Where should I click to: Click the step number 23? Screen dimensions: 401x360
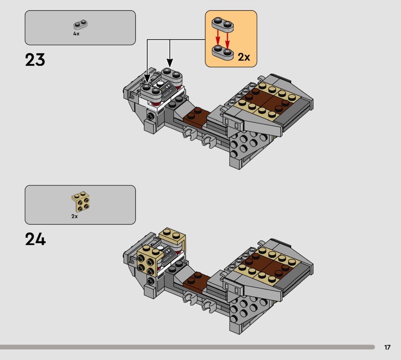click(35, 60)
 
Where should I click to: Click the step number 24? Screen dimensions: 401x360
click(35, 239)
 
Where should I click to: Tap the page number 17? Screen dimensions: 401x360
click(387, 347)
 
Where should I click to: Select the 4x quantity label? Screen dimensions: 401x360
click(76, 34)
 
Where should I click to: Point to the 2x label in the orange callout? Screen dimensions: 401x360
click(244, 57)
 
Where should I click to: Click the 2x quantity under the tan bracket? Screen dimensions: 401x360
click(74, 217)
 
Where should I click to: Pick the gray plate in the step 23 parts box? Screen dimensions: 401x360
click(80, 24)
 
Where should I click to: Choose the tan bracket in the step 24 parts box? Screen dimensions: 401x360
click(81, 202)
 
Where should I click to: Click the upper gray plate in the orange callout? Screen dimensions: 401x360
click(223, 25)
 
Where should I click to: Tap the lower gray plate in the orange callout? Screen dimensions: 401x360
click(223, 52)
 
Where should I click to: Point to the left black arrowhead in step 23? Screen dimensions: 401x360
click(147, 78)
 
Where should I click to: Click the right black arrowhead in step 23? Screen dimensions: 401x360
click(170, 63)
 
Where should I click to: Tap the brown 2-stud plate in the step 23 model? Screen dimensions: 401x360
click(196, 117)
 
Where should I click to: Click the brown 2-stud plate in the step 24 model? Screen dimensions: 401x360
click(196, 281)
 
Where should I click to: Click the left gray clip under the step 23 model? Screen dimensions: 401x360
click(189, 134)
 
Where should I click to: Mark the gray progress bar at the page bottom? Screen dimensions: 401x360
click(187, 347)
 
